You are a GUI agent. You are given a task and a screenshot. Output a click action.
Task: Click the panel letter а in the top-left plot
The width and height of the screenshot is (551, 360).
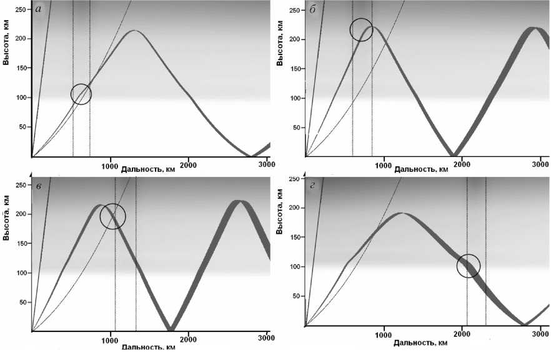point(39,9)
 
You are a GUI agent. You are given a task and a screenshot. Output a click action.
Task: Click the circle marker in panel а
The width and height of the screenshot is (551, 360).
point(81,94)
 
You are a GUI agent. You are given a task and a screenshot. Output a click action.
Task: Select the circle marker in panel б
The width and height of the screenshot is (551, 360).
point(361,29)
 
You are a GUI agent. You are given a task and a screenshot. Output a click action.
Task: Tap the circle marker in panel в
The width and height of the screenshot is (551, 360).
point(112,216)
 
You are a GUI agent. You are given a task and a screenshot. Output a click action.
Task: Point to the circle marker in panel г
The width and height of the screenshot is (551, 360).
point(468,266)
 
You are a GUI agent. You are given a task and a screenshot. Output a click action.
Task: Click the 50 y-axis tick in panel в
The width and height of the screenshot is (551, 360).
point(22,302)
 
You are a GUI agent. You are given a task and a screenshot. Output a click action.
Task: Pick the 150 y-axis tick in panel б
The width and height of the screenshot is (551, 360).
point(295,68)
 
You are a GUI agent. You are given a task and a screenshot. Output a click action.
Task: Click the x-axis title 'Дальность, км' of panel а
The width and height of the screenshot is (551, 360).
point(147,169)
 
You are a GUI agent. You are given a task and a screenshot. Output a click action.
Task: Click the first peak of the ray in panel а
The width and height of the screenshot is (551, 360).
point(134,31)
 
